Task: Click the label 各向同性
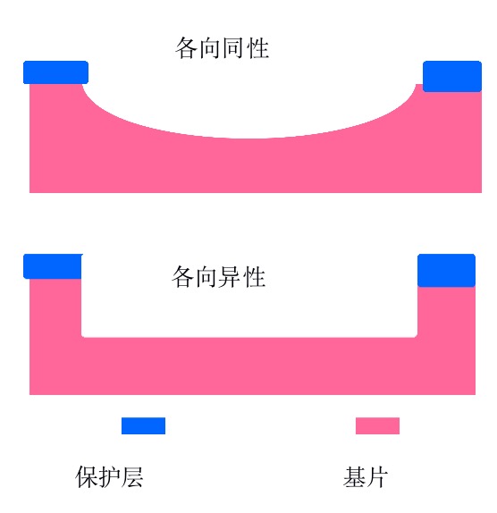(223, 48)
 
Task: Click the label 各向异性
(219, 277)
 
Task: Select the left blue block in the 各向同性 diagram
(55, 72)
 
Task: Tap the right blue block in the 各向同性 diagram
(452, 76)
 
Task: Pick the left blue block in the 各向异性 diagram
(53, 266)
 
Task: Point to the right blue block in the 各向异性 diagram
(446, 270)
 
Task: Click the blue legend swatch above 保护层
(143, 425)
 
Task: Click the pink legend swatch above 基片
(377, 425)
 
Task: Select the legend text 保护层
(109, 477)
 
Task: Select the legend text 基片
(366, 477)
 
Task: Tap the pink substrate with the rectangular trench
(252, 366)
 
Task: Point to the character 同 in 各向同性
(233, 48)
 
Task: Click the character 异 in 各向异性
(231, 277)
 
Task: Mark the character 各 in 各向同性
(187, 48)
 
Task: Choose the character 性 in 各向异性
(255, 277)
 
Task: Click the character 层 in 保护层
(132, 477)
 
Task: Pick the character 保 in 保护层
(87, 477)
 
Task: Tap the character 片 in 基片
(377, 477)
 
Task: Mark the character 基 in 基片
(354, 477)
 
